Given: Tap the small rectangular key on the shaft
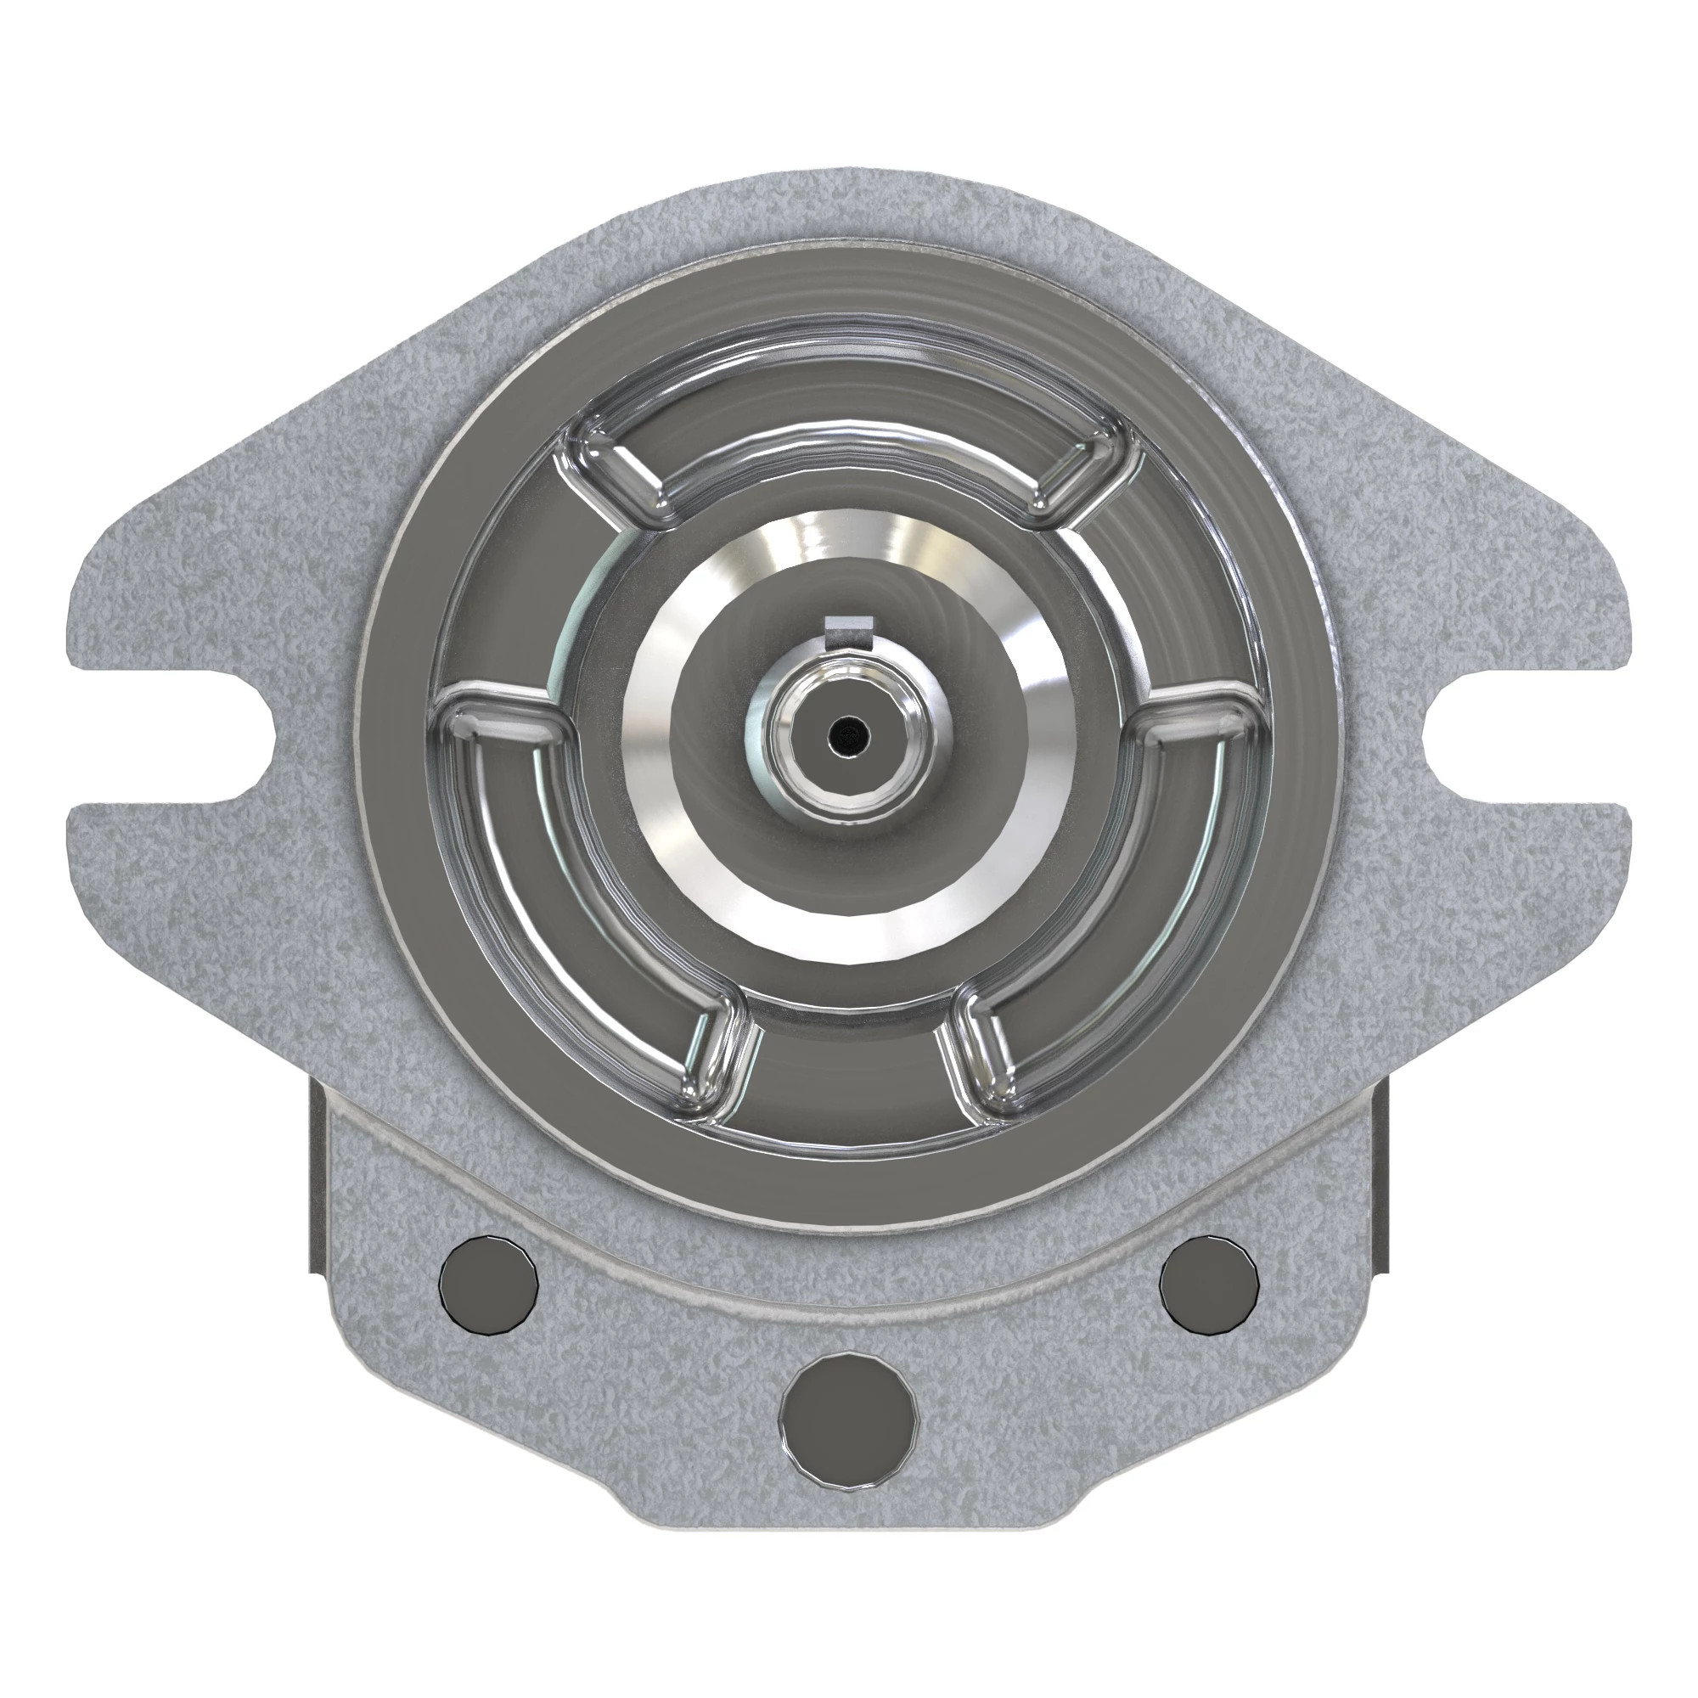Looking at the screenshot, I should click(848, 626).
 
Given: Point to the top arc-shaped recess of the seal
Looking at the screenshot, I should click(849, 457).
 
